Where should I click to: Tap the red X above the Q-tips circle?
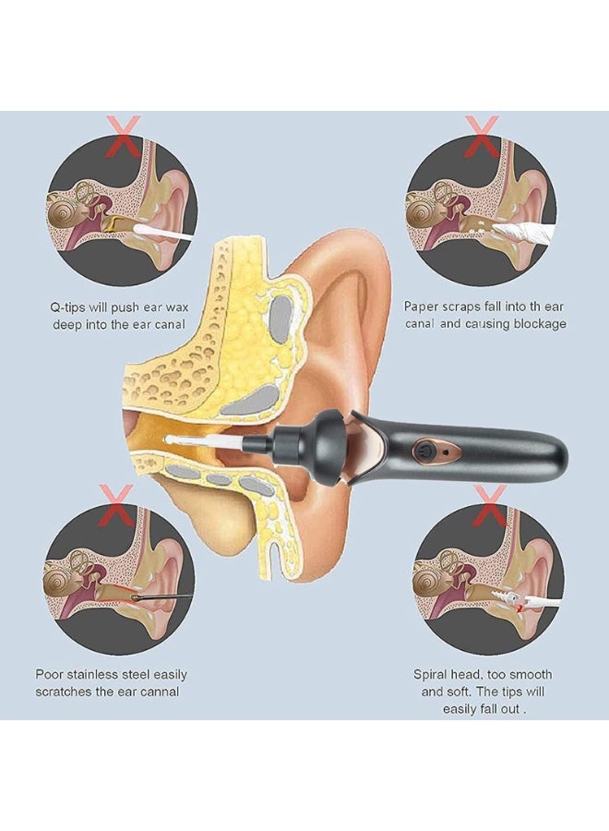[x=123, y=137]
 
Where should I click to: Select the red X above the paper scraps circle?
[x=482, y=137]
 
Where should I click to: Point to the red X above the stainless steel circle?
[x=116, y=504]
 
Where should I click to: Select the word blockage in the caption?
[x=542, y=324]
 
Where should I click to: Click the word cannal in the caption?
[x=159, y=692]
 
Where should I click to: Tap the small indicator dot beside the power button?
[x=446, y=452]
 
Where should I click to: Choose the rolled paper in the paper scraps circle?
[x=521, y=231]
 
